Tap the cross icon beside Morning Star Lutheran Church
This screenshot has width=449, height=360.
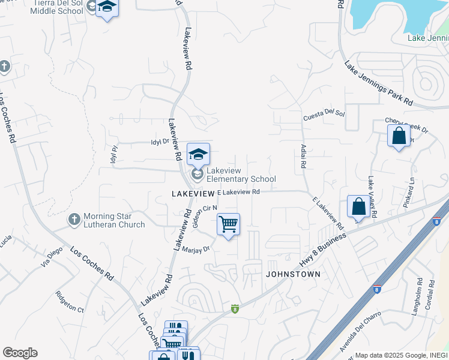coord(74,220)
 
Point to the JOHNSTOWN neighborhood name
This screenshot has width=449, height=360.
coord(293,274)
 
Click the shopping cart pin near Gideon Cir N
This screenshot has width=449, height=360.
coord(228,225)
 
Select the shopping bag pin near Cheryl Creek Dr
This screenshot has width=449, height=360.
coord(399,136)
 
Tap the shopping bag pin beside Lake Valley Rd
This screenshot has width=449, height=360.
coord(358,207)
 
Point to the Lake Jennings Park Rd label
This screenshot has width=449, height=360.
coord(378,83)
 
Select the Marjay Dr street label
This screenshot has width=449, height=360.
coord(196,249)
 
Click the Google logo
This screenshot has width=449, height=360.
coord(20,353)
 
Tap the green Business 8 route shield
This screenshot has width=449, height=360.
coord(235,308)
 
